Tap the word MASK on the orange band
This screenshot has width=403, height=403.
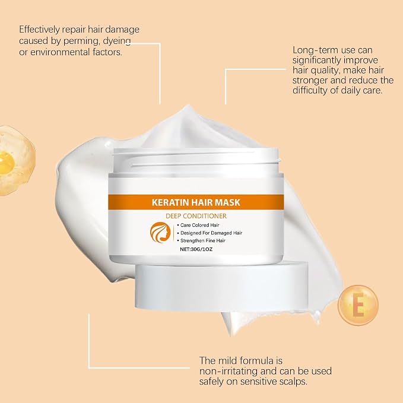tap(227, 202)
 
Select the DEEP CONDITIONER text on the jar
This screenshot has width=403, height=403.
tap(196, 216)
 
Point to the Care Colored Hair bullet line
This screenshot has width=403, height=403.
tap(198, 225)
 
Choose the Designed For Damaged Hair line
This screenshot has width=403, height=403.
tap(210, 233)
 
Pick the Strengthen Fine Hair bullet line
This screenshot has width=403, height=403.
tap(201, 240)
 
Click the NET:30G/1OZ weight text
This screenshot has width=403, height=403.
tap(196, 249)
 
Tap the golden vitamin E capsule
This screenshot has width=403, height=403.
tap(358, 305)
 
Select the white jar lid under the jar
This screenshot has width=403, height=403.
tap(221, 285)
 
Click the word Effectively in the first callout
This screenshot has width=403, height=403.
tap(39, 30)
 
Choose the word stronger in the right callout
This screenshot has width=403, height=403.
tap(310, 81)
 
